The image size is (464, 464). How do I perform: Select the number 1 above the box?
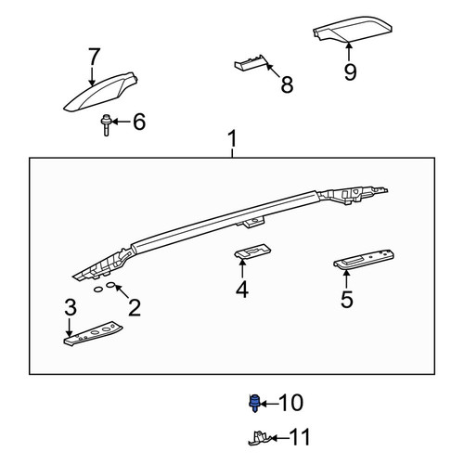[232, 138]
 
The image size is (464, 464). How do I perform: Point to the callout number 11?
[300, 437]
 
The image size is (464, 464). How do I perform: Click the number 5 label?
[347, 299]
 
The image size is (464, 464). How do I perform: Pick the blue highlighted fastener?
[254, 403]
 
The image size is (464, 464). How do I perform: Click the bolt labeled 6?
[106, 125]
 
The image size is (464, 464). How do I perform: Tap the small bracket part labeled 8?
[250, 63]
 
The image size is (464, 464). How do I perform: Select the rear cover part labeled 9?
[353, 30]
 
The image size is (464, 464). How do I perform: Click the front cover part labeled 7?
[99, 92]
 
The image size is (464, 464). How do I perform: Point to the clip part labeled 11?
[259, 438]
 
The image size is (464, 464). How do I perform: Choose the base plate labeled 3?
[93, 333]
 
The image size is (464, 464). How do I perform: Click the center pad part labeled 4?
[252, 251]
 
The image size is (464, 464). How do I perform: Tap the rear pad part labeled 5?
[364, 259]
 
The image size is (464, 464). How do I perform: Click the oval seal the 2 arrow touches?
[111, 285]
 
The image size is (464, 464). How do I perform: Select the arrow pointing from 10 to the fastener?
[269, 404]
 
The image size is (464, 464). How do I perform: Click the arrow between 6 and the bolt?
[121, 122]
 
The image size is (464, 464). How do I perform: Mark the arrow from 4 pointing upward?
[242, 268]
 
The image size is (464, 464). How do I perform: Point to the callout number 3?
[71, 307]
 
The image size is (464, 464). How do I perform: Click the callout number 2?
[135, 307]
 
